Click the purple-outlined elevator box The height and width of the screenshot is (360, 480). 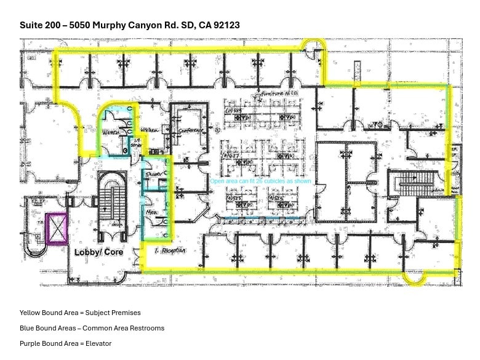coord(57,229)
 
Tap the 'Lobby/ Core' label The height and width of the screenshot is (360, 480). coord(98,252)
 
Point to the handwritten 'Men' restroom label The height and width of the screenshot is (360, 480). coord(151,213)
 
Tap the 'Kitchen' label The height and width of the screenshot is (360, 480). coord(150,130)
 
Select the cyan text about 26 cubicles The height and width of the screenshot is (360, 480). coord(260,182)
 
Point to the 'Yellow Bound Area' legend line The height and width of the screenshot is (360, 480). coord(80,313)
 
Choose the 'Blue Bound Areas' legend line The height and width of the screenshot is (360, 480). coord(92,328)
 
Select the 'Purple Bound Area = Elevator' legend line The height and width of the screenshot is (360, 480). coord(65,343)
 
